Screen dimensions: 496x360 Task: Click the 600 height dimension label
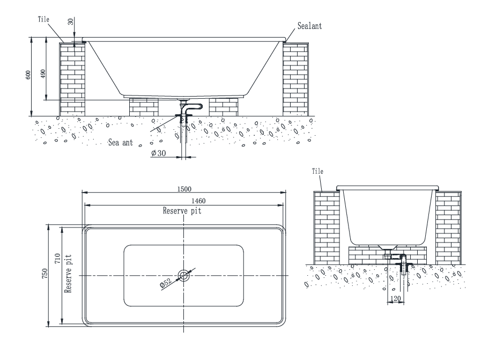tap(28, 75)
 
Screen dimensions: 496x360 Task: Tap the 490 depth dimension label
tap(43, 74)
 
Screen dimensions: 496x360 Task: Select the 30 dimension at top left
tap(71, 21)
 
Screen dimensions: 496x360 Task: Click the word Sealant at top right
tap(309, 26)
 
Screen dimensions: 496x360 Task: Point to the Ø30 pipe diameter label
tap(159, 153)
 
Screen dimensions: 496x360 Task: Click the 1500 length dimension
tap(184, 189)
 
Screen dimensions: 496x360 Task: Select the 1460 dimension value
tap(198, 201)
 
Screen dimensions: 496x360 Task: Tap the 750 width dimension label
tap(45, 274)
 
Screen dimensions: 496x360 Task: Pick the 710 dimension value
tap(57, 259)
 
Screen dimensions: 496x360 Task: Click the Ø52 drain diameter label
tap(166, 282)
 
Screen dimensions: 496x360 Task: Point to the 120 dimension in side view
tap(395, 298)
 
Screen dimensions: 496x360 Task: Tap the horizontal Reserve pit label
tap(182, 211)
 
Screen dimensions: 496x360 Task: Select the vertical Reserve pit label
tap(68, 274)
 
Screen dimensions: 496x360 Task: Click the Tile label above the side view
tap(317, 171)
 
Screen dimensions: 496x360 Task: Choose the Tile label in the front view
tap(43, 19)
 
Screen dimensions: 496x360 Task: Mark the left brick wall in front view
tap(72, 79)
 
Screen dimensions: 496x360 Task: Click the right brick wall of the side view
tap(448, 228)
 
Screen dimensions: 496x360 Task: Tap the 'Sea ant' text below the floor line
tap(121, 143)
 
